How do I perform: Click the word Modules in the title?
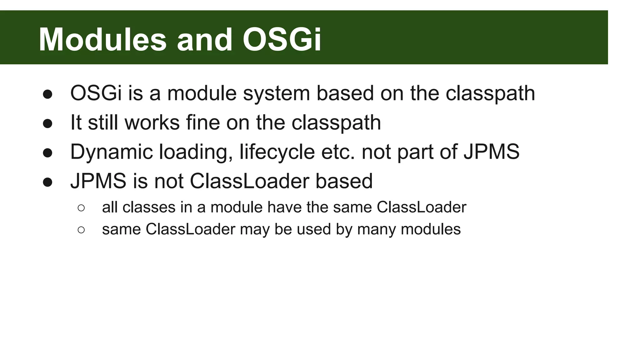102,40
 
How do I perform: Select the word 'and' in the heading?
205,40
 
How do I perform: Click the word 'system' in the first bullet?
276,94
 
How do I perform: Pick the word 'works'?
152,122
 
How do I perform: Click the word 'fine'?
203,122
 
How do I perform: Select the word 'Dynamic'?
112,152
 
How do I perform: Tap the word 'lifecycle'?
277,152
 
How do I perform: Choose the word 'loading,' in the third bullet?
196,152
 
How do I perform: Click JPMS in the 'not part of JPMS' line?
491,152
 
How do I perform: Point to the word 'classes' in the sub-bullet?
149,207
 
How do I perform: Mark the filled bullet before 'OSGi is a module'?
47,94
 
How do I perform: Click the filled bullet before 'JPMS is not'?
47,182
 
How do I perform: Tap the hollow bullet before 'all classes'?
81,208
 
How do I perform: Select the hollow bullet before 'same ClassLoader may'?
81,230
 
